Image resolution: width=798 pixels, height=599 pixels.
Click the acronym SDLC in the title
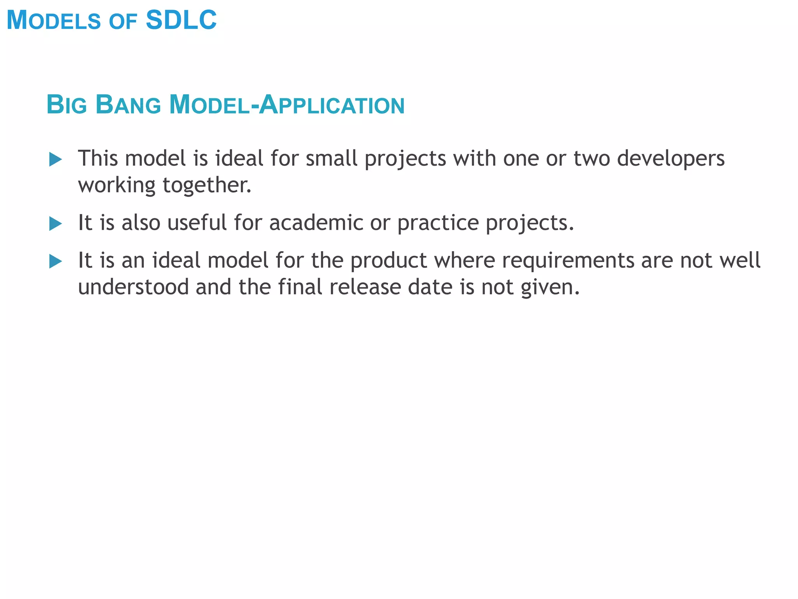coord(181,20)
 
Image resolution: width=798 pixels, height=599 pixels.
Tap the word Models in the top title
coord(54,20)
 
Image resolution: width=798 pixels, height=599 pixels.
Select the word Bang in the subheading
coord(128,105)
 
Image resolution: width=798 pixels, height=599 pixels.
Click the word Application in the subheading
coord(332,105)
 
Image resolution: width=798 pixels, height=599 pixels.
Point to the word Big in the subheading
coord(67,105)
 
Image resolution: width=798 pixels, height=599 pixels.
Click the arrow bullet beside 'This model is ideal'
coord(56,159)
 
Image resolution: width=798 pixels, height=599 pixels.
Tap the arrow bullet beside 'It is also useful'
coord(56,224)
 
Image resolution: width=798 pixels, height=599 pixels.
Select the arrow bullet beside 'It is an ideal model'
coord(56,261)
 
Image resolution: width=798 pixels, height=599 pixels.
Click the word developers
coord(671,159)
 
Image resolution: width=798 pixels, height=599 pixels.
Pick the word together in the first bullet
coord(207,185)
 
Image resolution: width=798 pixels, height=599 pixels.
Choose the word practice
coord(438,223)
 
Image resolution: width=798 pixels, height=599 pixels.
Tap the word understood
coord(133,287)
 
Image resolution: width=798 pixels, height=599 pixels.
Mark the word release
coord(365,287)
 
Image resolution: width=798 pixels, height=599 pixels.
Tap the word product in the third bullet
coord(388,261)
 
